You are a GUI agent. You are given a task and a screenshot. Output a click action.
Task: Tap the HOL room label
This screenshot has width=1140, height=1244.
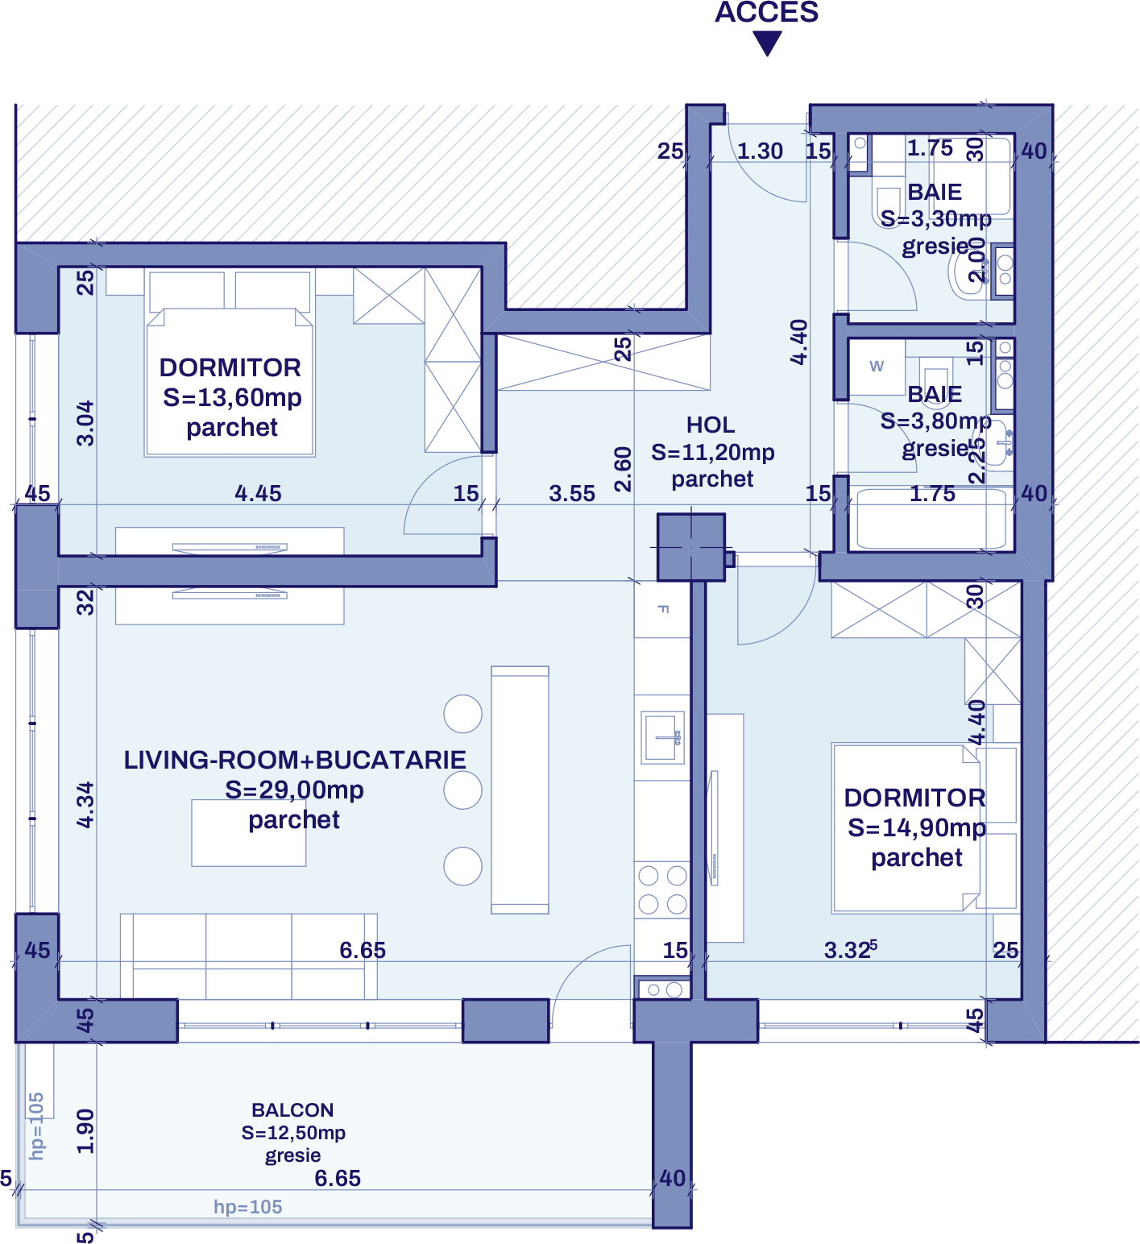710,425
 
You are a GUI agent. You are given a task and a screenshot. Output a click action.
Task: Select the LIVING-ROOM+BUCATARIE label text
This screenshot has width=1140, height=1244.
294,760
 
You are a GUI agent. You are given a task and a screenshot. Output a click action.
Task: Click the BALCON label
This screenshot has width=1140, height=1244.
292,1110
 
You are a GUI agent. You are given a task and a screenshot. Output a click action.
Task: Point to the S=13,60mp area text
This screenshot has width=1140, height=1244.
232,398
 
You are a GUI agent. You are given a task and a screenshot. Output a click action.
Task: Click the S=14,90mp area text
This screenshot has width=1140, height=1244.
917,828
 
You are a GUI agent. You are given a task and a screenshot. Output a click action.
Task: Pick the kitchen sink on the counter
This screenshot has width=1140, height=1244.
662,736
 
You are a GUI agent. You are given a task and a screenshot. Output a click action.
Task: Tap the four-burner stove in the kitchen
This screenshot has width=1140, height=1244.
662,889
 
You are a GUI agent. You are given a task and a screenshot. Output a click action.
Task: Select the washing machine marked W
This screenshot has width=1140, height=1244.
877,367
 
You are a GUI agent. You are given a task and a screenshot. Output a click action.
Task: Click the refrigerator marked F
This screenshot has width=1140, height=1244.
662,609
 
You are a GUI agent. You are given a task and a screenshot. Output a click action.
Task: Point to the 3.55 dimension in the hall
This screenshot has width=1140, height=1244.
572,493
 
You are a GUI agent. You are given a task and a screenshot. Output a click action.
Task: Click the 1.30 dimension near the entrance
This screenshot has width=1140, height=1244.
760,151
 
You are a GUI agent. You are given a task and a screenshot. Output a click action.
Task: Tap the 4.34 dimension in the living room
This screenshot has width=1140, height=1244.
85,804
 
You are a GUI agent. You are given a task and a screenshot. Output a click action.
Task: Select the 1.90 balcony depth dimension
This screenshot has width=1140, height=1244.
85,1130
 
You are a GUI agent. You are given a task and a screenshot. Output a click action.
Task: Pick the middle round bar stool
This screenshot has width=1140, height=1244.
463,790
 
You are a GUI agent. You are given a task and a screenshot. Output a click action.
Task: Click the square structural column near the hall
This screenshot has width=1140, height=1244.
690,547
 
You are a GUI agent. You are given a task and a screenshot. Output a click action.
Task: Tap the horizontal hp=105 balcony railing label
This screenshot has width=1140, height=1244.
247,1206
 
